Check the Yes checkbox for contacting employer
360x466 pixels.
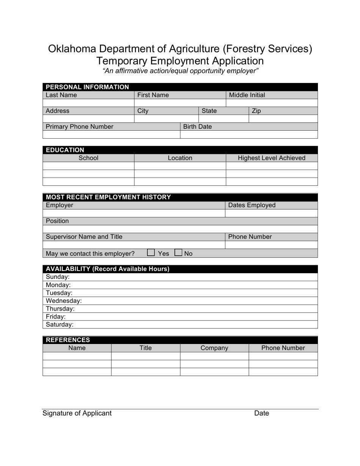(x=151, y=253)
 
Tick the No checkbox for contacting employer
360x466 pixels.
(x=178, y=253)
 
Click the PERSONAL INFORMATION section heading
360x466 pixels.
(x=87, y=87)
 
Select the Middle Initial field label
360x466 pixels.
(x=247, y=95)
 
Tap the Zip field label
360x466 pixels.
(x=256, y=111)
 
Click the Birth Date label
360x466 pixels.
(x=197, y=127)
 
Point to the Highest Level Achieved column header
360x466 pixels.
(x=271, y=158)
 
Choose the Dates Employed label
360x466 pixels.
(x=252, y=205)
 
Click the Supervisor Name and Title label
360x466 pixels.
(x=84, y=237)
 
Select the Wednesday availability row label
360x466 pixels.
(x=64, y=301)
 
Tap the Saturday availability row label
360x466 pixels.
(x=59, y=325)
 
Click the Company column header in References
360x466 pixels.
(x=214, y=348)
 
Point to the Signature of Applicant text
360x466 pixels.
(x=77, y=413)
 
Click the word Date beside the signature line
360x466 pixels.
(x=261, y=413)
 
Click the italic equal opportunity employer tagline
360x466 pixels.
(x=180, y=71)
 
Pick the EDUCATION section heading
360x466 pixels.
(x=65, y=150)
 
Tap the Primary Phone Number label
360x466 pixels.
(x=79, y=127)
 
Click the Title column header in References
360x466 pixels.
(x=146, y=348)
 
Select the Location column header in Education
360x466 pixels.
(x=180, y=158)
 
